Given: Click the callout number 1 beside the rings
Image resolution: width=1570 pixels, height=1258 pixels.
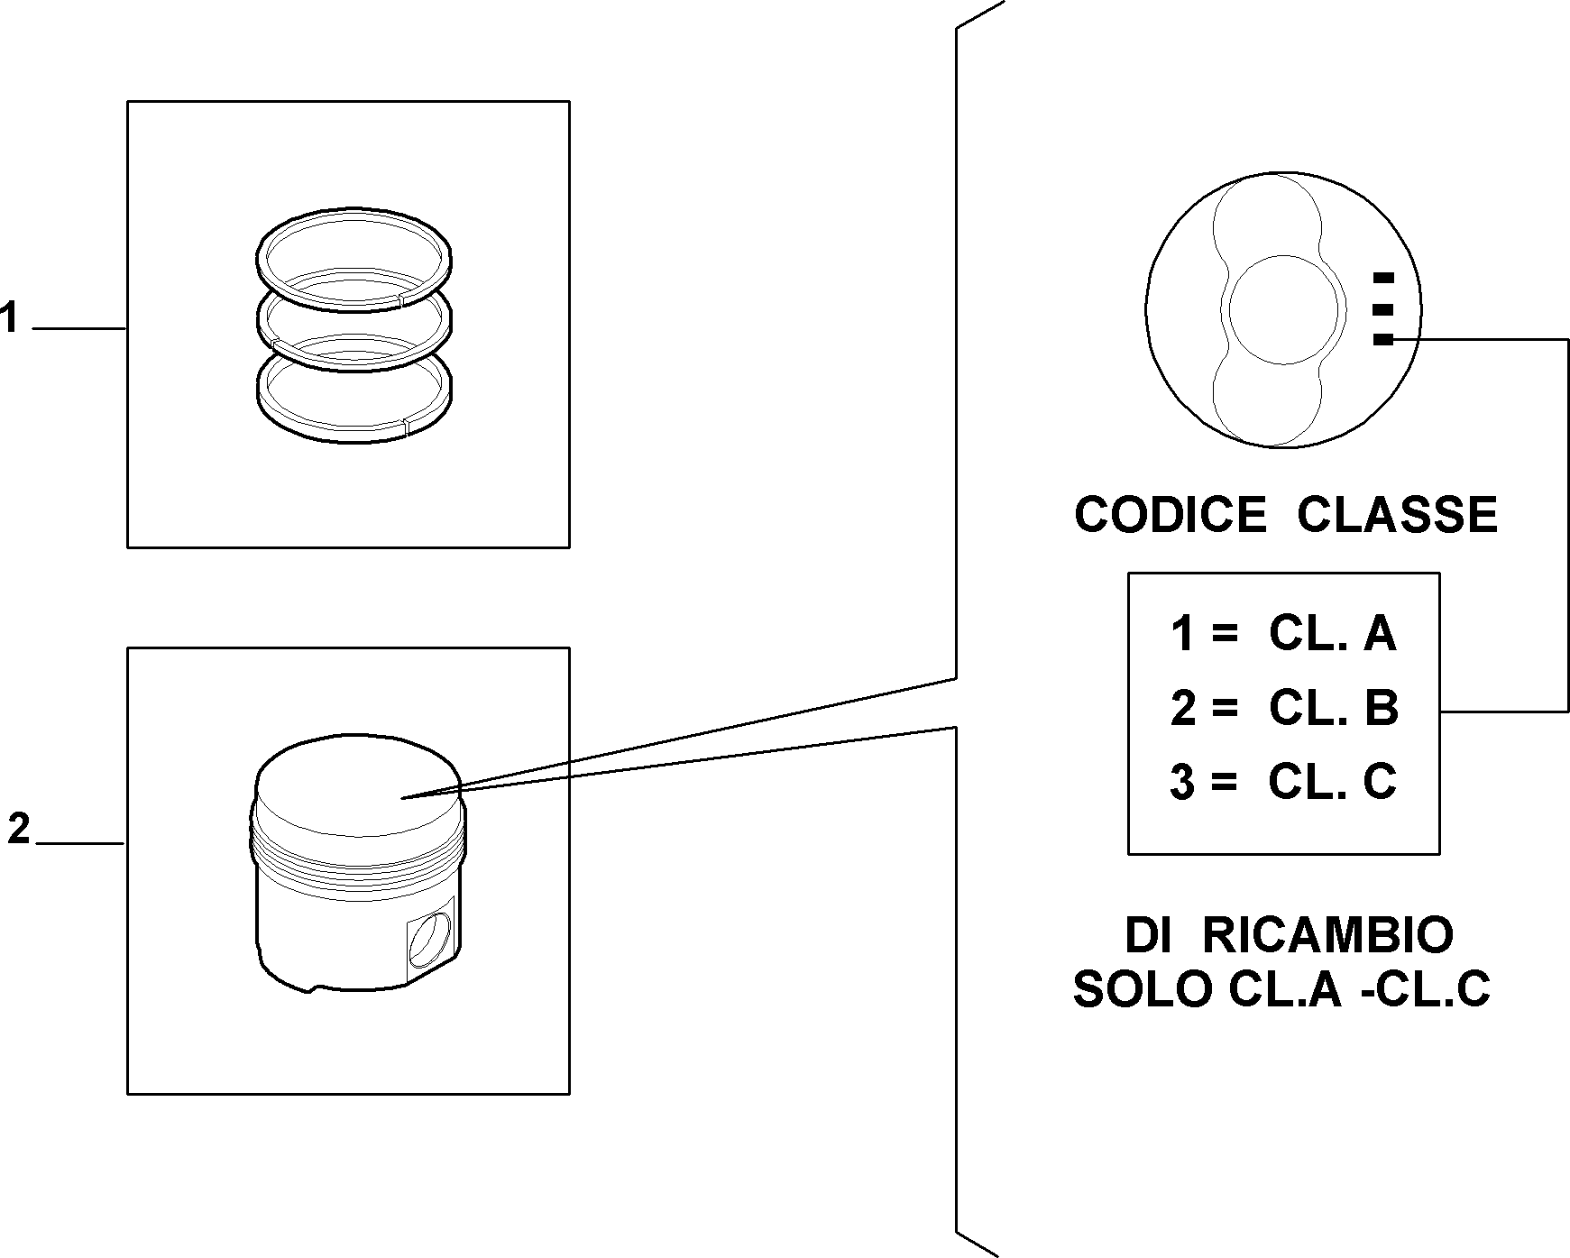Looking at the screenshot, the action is click(x=9, y=318).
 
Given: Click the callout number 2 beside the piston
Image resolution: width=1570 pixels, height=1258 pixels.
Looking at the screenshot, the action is click(x=19, y=829).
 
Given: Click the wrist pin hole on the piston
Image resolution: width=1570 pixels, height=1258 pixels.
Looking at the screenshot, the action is click(x=430, y=941).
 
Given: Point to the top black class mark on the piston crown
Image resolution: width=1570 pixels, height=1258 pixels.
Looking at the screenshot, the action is click(x=1382, y=277).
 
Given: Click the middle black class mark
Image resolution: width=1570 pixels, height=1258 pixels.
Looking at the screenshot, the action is click(x=1382, y=309).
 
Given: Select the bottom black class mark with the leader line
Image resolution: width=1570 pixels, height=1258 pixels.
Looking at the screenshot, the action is click(x=1382, y=340).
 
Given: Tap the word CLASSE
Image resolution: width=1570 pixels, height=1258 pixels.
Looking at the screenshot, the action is click(x=1397, y=515).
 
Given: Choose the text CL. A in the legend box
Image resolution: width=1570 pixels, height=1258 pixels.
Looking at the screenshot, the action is click(x=1332, y=634).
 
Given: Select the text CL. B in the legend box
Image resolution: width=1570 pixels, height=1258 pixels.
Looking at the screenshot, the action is click(x=1334, y=708).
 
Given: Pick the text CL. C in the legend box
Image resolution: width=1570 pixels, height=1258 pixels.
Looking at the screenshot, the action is click(x=1332, y=781).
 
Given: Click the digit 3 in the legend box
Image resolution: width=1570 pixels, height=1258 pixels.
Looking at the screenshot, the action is click(x=1182, y=782).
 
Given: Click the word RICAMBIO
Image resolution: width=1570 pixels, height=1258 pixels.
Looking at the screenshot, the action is click(x=1328, y=935).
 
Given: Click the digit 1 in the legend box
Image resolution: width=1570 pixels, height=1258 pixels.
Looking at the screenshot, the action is click(x=1182, y=634).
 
